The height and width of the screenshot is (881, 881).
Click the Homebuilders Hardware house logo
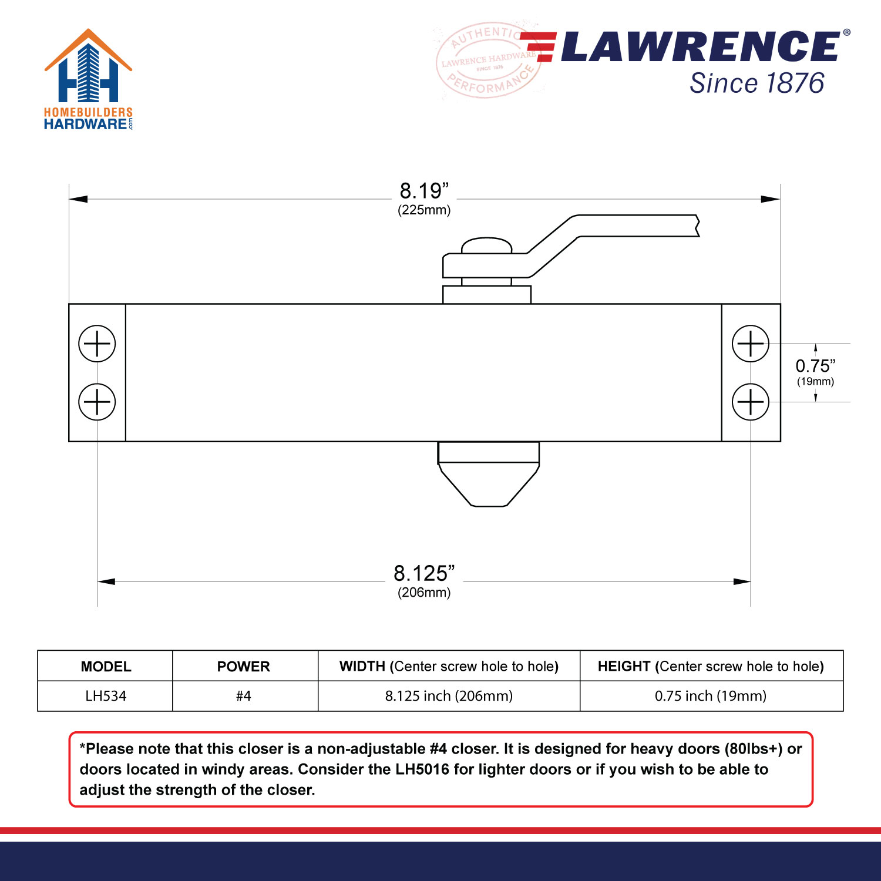point(88,79)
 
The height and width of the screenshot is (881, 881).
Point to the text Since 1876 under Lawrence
point(756,83)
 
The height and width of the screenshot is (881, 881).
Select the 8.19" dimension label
point(424,191)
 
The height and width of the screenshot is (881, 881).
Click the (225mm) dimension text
point(424,210)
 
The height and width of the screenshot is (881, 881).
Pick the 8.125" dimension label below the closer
point(424,573)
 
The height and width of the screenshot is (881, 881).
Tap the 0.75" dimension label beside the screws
point(815,366)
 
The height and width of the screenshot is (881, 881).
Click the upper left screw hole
point(97,344)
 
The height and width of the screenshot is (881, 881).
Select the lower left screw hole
point(97,402)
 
